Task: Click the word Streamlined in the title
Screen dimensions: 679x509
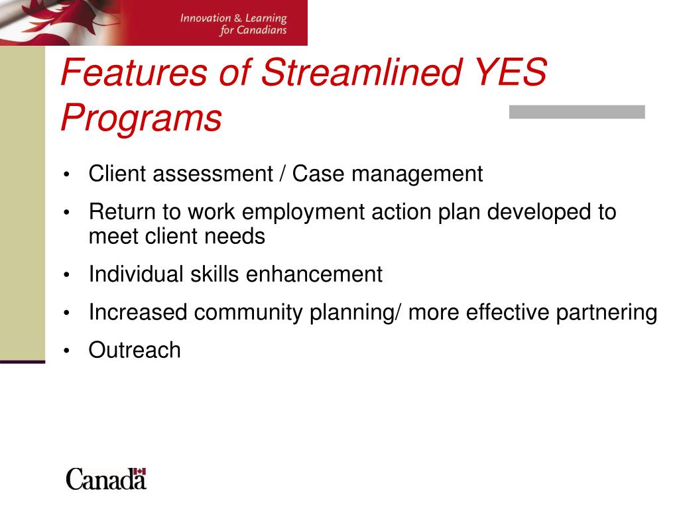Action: click(362, 72)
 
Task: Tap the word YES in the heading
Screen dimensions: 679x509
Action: click(511, 72)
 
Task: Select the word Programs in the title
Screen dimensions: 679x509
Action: click(141, 118)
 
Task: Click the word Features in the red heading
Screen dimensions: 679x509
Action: click(134, 72)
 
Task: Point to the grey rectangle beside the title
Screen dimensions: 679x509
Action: click(577, 111)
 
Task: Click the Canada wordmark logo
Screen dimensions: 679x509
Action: click(106, 479)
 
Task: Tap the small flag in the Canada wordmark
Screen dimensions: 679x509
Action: click(139, 471)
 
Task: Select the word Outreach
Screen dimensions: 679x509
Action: click(135, 350)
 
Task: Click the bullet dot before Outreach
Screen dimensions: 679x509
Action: click(66, 351)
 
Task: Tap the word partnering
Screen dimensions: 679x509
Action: click(607, 313)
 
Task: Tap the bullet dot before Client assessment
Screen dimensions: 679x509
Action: click(66, 175)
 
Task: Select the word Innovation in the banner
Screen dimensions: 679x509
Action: click(206, 18)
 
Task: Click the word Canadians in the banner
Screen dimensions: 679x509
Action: click(261, 30)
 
